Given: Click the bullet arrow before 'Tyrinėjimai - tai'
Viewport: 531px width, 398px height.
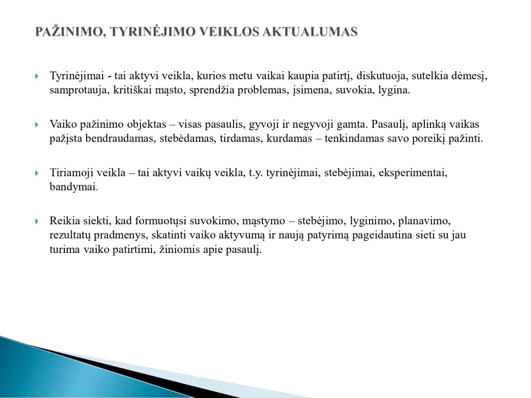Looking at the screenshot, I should point(37,76).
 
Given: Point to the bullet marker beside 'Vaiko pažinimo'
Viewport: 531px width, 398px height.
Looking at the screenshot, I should point(37,125).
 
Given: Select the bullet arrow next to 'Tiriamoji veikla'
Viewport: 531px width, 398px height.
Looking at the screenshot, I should point(37,173).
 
